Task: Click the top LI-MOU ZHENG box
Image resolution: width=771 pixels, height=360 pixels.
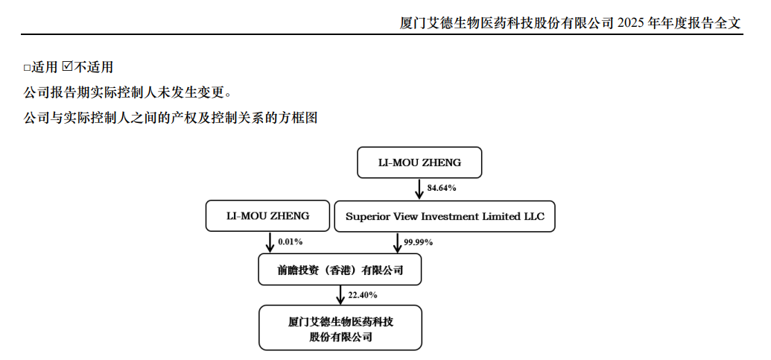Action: (x=419, y=162)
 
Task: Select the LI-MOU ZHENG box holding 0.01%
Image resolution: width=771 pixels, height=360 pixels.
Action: (x=267, y=215)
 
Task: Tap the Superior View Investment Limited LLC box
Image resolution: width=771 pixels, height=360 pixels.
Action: (x=445, y=216)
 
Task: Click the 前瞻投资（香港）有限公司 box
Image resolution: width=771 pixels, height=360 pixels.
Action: (x=340, y=270)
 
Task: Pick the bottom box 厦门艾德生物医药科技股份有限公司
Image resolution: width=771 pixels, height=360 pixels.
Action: (x=340, y=327)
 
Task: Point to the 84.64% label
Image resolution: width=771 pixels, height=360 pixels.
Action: (x=442, y=189)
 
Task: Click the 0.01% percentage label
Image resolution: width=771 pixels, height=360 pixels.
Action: (x=290, y=242)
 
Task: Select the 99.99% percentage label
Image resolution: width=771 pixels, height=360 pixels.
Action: (x=418, y=242)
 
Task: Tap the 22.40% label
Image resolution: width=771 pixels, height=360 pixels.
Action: (x=362, y=295)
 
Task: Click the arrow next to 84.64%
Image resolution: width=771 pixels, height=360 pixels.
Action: (x=419, y=189)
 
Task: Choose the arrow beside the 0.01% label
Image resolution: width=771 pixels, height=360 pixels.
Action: (x=270, y=242)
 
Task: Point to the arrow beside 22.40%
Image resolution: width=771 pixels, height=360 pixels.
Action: (x=340, y=295)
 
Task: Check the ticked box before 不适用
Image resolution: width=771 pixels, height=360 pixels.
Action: (x=67, y=66)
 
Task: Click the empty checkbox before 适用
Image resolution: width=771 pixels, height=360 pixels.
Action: (x=27, y=67)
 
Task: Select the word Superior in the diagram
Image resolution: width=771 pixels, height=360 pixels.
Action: (x=363, y=216)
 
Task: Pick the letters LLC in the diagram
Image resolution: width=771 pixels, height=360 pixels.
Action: (x=535, y=216)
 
